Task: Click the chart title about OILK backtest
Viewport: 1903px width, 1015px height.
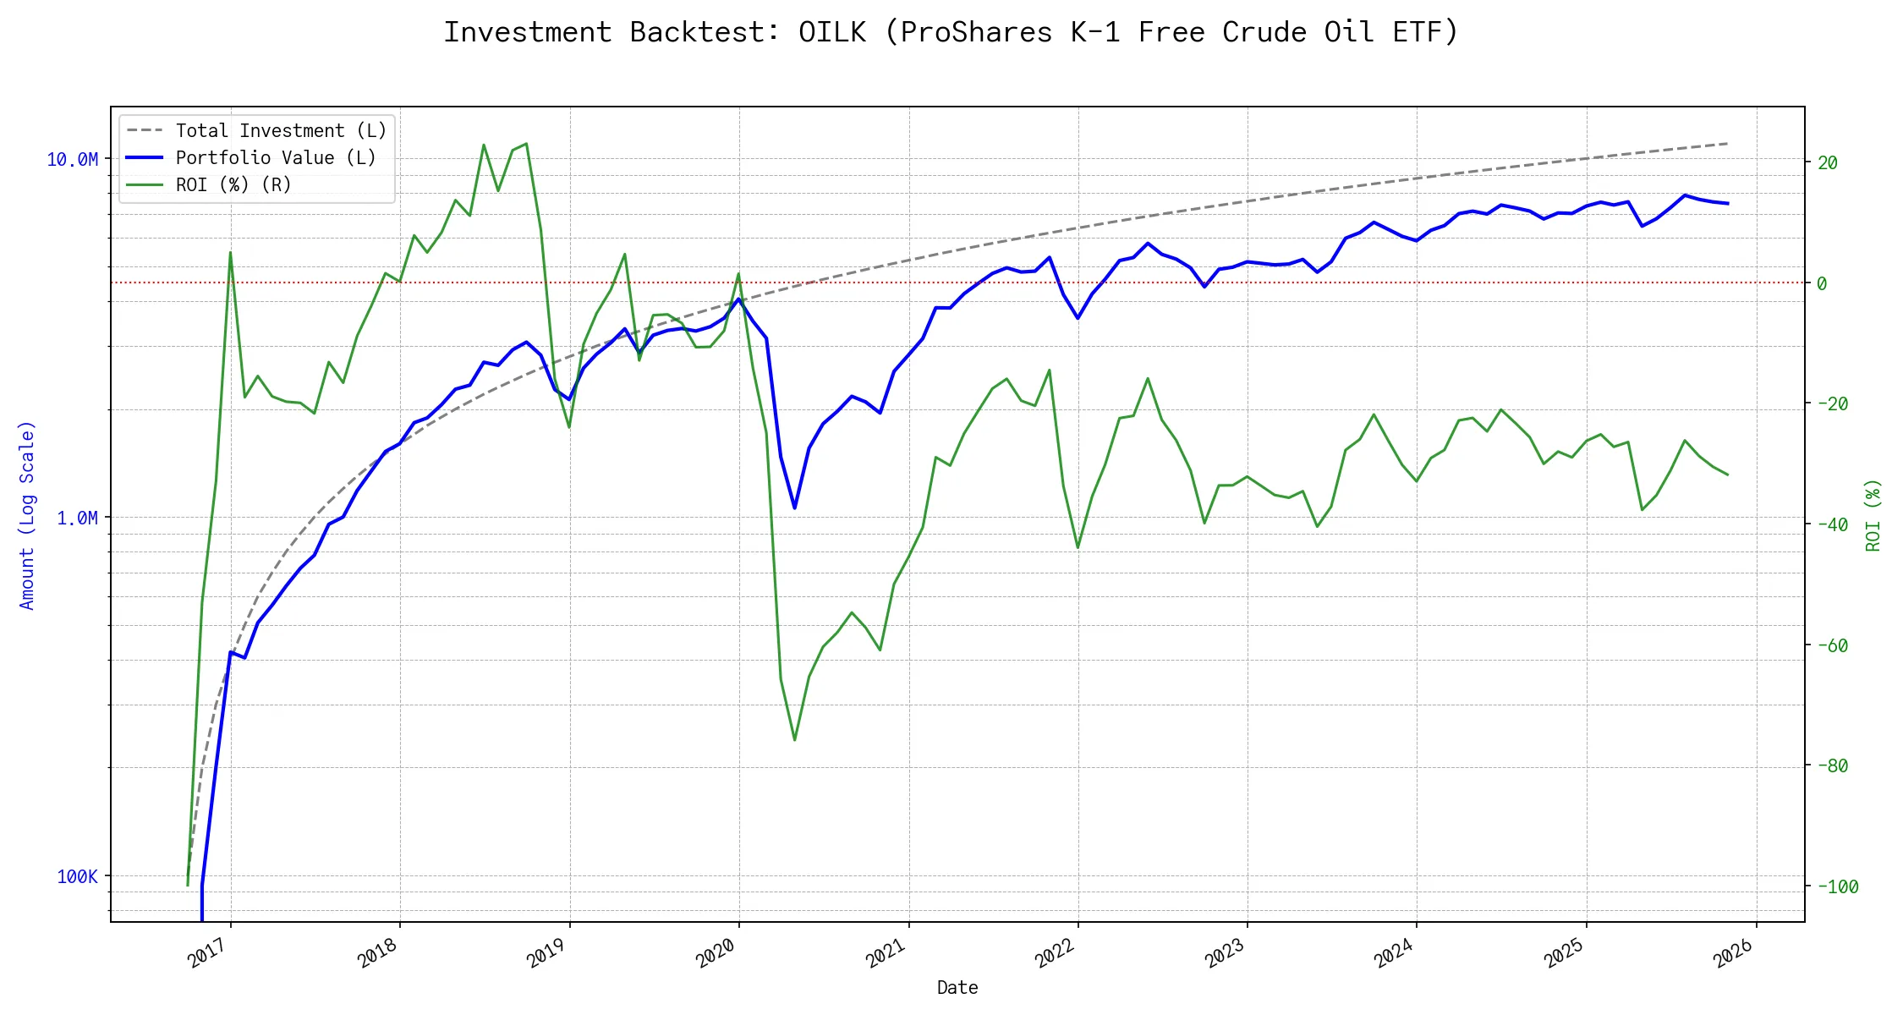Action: [951, 32]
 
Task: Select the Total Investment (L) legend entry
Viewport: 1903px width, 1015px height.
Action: [281, 131]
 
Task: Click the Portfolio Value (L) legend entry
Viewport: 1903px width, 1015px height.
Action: [276, 158]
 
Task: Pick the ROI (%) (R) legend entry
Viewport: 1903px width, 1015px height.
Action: [233, 185]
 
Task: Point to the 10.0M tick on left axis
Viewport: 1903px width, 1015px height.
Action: [73, 160]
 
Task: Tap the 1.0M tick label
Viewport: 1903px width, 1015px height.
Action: [77, 518]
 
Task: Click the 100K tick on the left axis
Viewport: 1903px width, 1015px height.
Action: [77, 877]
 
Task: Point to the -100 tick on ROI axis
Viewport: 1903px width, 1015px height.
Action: [1837, 887]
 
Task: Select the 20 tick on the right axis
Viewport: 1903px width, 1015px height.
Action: [1828, 163]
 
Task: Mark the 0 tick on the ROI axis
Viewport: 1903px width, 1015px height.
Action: [1822, 284]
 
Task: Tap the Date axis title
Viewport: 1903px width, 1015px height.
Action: [957, 988]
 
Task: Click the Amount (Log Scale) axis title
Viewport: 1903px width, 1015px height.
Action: [27, 515]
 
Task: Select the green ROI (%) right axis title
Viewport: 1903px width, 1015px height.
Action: [1873, 515]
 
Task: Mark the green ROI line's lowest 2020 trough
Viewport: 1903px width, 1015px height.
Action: [794, 740]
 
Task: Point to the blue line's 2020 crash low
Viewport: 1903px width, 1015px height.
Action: [794, 508]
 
